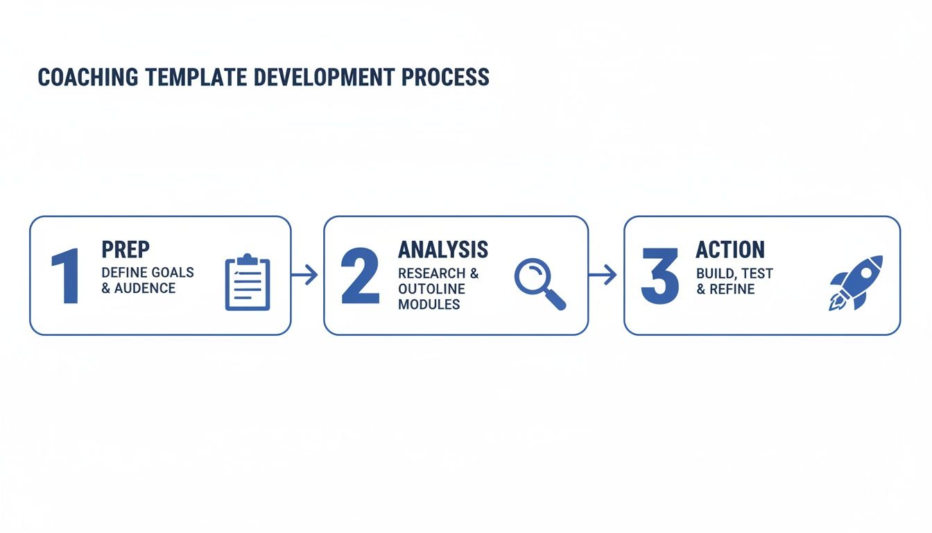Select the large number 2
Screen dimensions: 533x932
(x=361, y=277)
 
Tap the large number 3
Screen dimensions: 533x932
(x=659, y=277)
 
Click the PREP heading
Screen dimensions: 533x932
(x=126, y=250)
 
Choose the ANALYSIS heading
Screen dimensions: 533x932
(x=442, y=250)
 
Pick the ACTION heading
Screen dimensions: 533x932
(x=730, y=250)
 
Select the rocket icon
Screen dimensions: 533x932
(x=856, y=282)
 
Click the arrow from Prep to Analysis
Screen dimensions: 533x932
(x=305, y=276)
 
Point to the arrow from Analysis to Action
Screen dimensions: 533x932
(x=603, y=276)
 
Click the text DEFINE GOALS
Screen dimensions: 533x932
(x=148, y=272)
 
